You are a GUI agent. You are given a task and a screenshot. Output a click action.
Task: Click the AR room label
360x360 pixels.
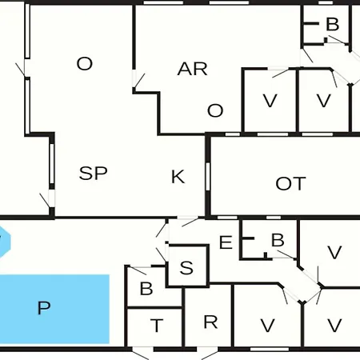(192, 69)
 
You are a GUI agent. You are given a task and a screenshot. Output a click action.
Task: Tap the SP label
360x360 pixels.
(94, 173)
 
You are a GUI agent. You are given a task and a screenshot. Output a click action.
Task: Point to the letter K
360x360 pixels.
(178, 177)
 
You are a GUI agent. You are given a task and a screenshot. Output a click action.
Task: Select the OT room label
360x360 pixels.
(290, 184)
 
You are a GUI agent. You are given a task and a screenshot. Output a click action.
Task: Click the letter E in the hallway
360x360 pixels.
(226, 242)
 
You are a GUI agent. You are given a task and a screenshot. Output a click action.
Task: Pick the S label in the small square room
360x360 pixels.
(186, 268)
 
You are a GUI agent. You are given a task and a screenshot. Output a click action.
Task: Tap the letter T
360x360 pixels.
(157, 326)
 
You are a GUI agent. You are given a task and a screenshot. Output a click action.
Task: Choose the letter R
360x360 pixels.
(210, 322)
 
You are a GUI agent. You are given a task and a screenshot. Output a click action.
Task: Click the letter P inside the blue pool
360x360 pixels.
(44, 308)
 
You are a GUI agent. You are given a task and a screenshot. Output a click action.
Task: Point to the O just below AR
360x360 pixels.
(215, 110)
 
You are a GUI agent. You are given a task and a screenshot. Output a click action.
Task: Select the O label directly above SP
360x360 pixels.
(85, 64)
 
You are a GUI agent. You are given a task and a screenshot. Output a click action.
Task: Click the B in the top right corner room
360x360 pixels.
(333, 24)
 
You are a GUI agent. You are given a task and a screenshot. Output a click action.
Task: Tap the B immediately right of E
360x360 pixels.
(278, 240)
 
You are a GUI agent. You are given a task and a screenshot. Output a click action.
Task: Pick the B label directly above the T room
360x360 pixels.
(146, 289)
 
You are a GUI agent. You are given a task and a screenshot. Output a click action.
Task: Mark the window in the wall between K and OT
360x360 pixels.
(208, 177)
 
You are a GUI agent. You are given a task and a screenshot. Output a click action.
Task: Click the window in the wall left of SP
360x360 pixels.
(52, 163)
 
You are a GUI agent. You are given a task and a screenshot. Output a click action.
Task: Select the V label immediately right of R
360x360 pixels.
(267, 326)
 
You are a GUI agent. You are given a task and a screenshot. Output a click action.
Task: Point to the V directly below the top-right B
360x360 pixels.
(324, 101)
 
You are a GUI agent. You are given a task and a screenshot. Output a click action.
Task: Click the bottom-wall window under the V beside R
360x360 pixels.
(270, 349)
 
